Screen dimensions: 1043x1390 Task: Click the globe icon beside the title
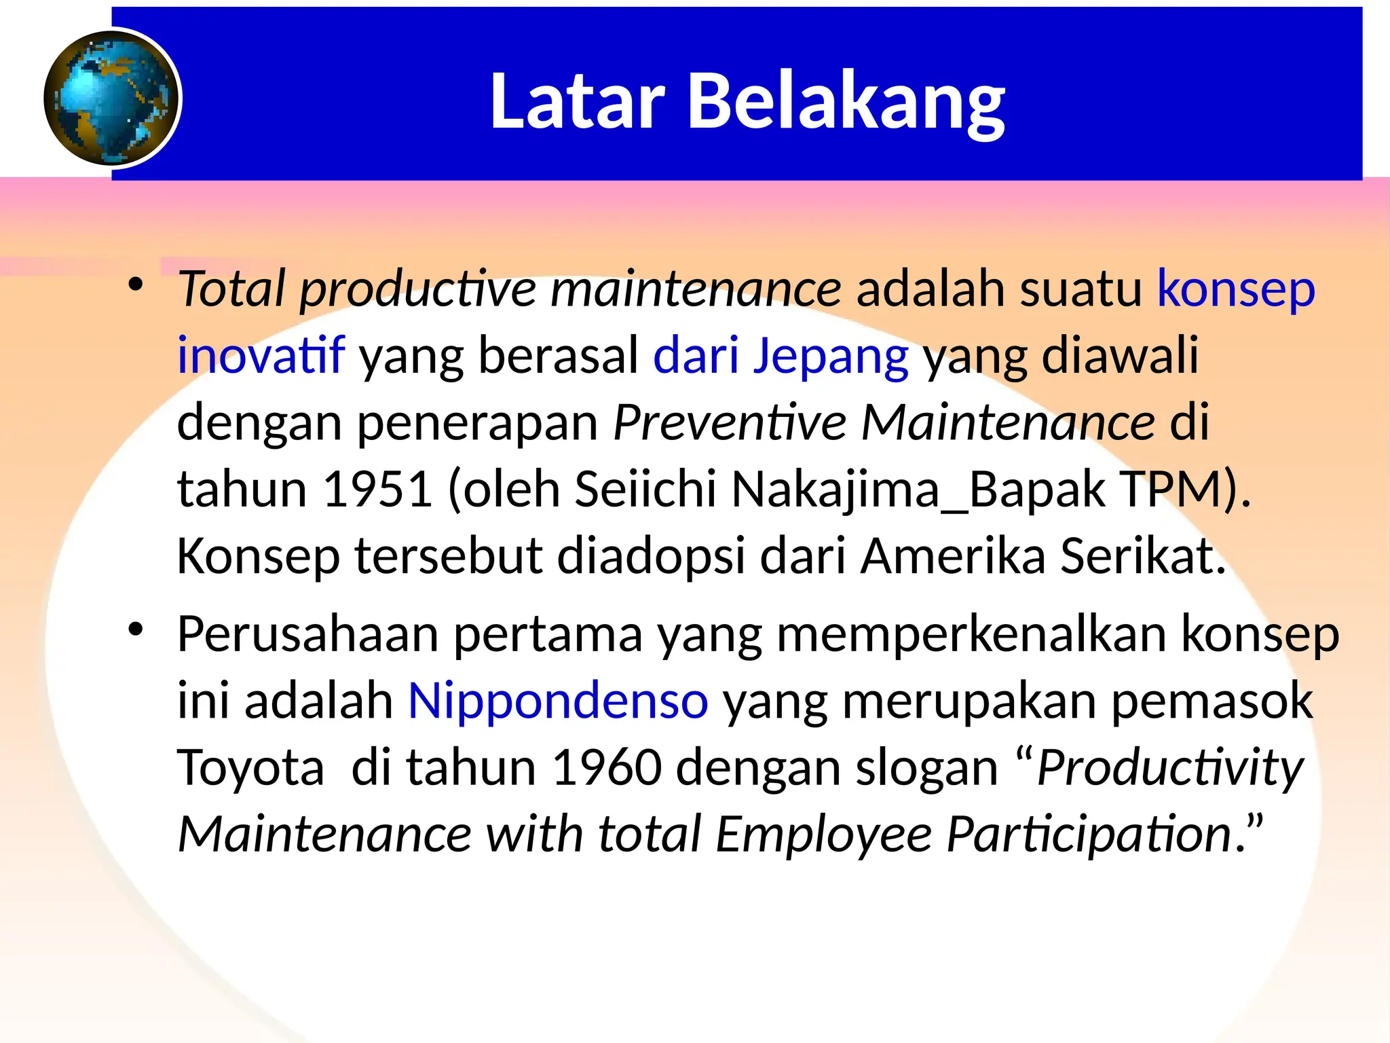(x=112, y=98)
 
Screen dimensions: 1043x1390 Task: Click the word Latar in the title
(x=577, y=102)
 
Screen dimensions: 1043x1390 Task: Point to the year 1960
(x=607, y=767)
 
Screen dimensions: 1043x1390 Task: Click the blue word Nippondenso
(x=558, y=701)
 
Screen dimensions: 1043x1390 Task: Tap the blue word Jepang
(x=831, y=356)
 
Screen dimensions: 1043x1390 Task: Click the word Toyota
(x=250, y=767)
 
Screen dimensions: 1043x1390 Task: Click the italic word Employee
(x=823, y=834)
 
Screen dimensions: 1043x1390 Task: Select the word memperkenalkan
(x=971, y=634)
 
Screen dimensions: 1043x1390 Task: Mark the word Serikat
(x=1143, y=555)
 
